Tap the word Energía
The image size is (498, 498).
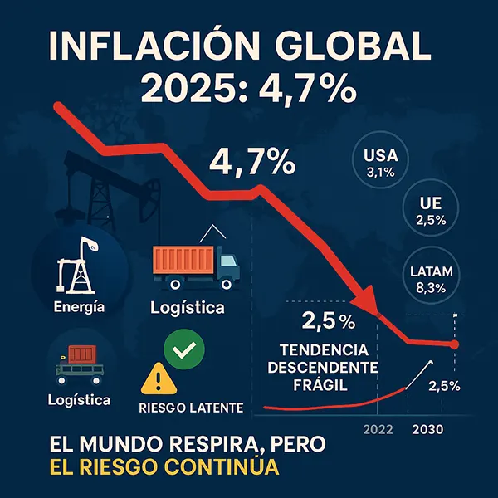(x=78, y=308)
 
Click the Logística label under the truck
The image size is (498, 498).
(x=187, y=308)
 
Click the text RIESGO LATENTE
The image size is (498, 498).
(x=190, y=408)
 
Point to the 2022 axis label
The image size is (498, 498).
(x=379, y=430)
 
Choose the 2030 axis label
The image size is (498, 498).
(x=428, y=430)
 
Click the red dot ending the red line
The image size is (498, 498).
(x=455, y=344)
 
